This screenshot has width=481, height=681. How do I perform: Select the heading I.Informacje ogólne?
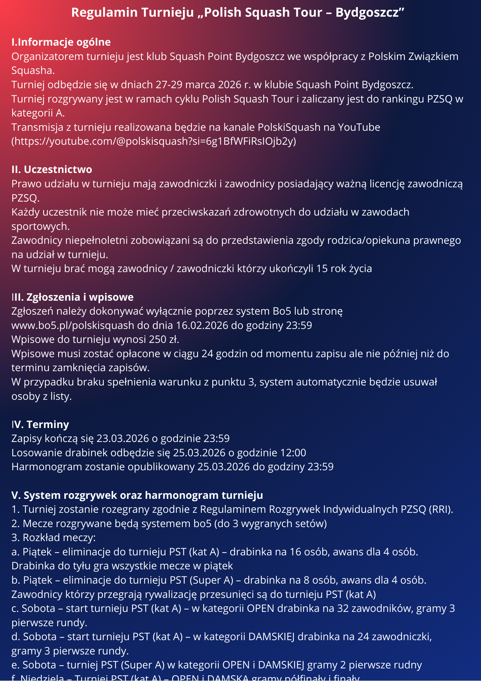61,42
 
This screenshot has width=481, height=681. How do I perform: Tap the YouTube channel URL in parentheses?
154,141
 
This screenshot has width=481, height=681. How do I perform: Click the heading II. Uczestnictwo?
52,170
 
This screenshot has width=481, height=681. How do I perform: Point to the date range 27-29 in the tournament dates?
169,85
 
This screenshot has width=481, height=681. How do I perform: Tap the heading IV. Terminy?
40,425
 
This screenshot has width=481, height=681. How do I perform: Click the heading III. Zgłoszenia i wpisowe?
72,297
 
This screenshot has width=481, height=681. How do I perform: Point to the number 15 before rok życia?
322,269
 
